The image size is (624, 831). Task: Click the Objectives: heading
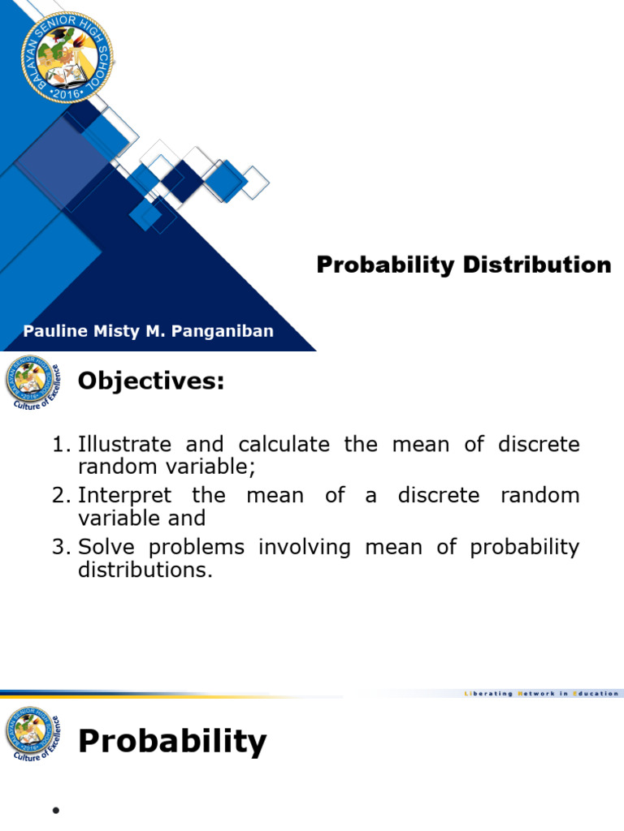(150, 381)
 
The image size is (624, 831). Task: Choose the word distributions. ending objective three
(145, 570)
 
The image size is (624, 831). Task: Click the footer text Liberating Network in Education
(541, 693)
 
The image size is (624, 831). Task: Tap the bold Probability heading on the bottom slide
(172, 741)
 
